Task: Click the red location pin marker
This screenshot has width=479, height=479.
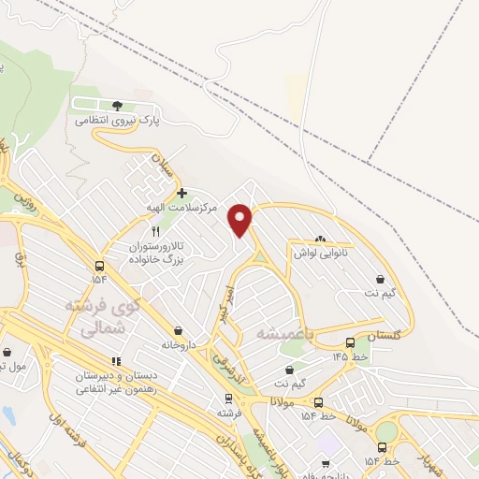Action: click(241, 220)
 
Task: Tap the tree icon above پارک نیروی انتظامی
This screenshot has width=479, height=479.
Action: click(117, 106)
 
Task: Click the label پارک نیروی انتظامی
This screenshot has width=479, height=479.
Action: click(118, 122)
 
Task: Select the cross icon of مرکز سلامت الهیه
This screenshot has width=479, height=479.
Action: click(181, 193)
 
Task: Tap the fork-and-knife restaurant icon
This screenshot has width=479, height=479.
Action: click(156, 230)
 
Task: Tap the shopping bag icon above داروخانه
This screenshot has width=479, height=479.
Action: click(178, 330)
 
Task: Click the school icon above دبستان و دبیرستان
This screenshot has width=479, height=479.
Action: click(116, 361)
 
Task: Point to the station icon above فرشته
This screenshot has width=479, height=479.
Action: click(225, 397)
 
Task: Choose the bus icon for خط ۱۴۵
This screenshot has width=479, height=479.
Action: click(350, 342)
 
